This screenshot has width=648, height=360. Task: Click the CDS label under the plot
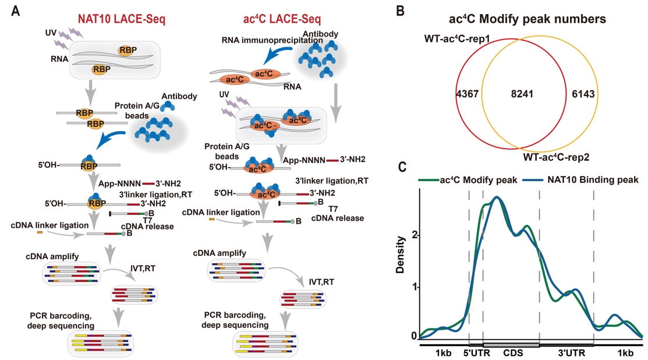point(512,353)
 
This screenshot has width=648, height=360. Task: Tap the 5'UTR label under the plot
point(476,353)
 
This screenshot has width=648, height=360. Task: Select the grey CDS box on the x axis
point(511,345)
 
